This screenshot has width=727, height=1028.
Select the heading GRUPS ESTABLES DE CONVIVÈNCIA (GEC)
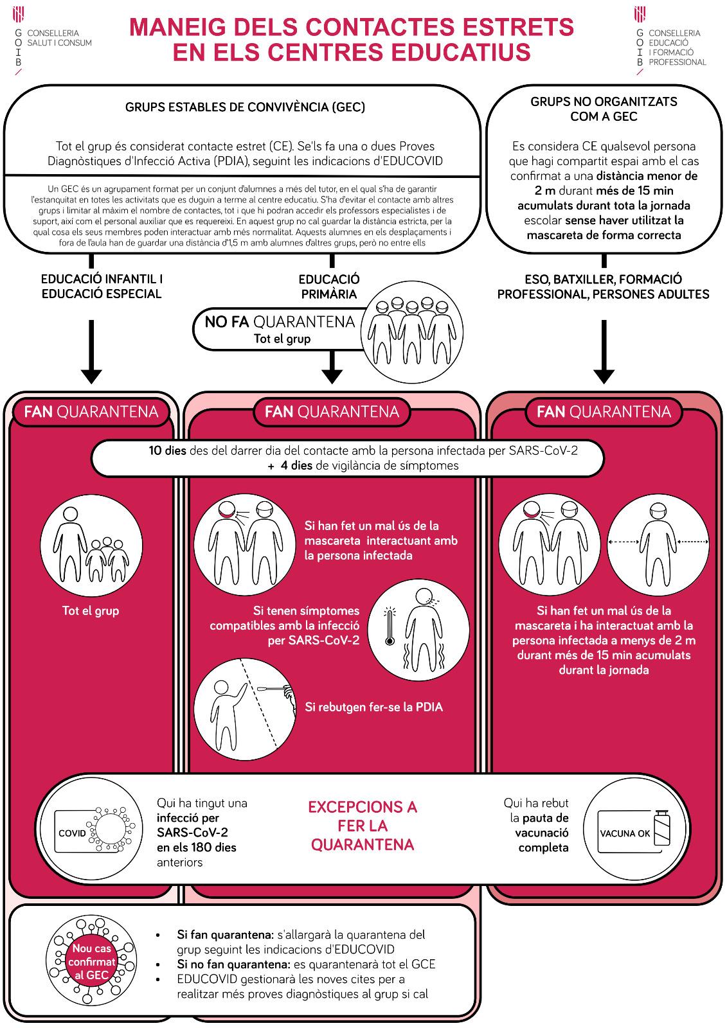(x=245, y=107)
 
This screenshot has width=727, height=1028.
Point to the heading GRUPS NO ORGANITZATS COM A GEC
(x=604, y=109)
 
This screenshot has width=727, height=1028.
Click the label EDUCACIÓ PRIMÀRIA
(x=329, y=287)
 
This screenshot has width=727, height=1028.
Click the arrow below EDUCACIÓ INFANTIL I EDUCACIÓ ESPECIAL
(x=91, y=351)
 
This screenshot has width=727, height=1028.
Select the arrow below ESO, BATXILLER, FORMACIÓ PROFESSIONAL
(x=604, y=351)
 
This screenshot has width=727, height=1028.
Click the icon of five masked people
(x=411, y=332)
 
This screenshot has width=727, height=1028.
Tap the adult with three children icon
(x=91, y=545)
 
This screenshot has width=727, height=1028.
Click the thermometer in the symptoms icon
(x=390, y=626)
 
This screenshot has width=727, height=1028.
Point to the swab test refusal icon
(x=245, y=709)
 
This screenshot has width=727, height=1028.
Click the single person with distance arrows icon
(x=658, y=545)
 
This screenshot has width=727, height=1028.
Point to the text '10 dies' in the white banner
(x=167, y=450)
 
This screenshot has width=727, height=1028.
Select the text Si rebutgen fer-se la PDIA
(x=374, y=707)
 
